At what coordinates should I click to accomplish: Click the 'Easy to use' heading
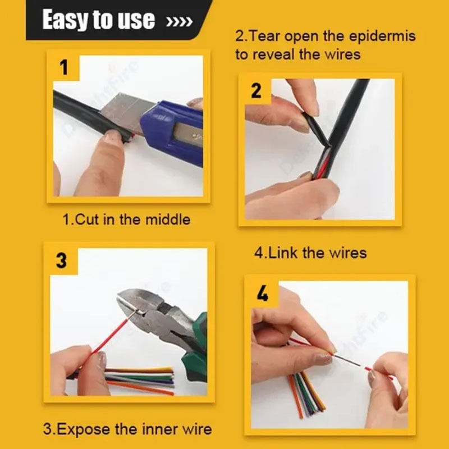(x=99, y=19)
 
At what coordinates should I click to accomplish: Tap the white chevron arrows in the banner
(x=179, y=22)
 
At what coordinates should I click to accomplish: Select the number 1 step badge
(x=63, y=67)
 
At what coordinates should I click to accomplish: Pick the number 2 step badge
(x=256, y=91)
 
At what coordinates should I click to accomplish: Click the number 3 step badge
(x=61, y=260)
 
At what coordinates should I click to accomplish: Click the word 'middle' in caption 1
(x=168, y=219)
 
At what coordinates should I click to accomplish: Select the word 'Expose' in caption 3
(x=76, y=429)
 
